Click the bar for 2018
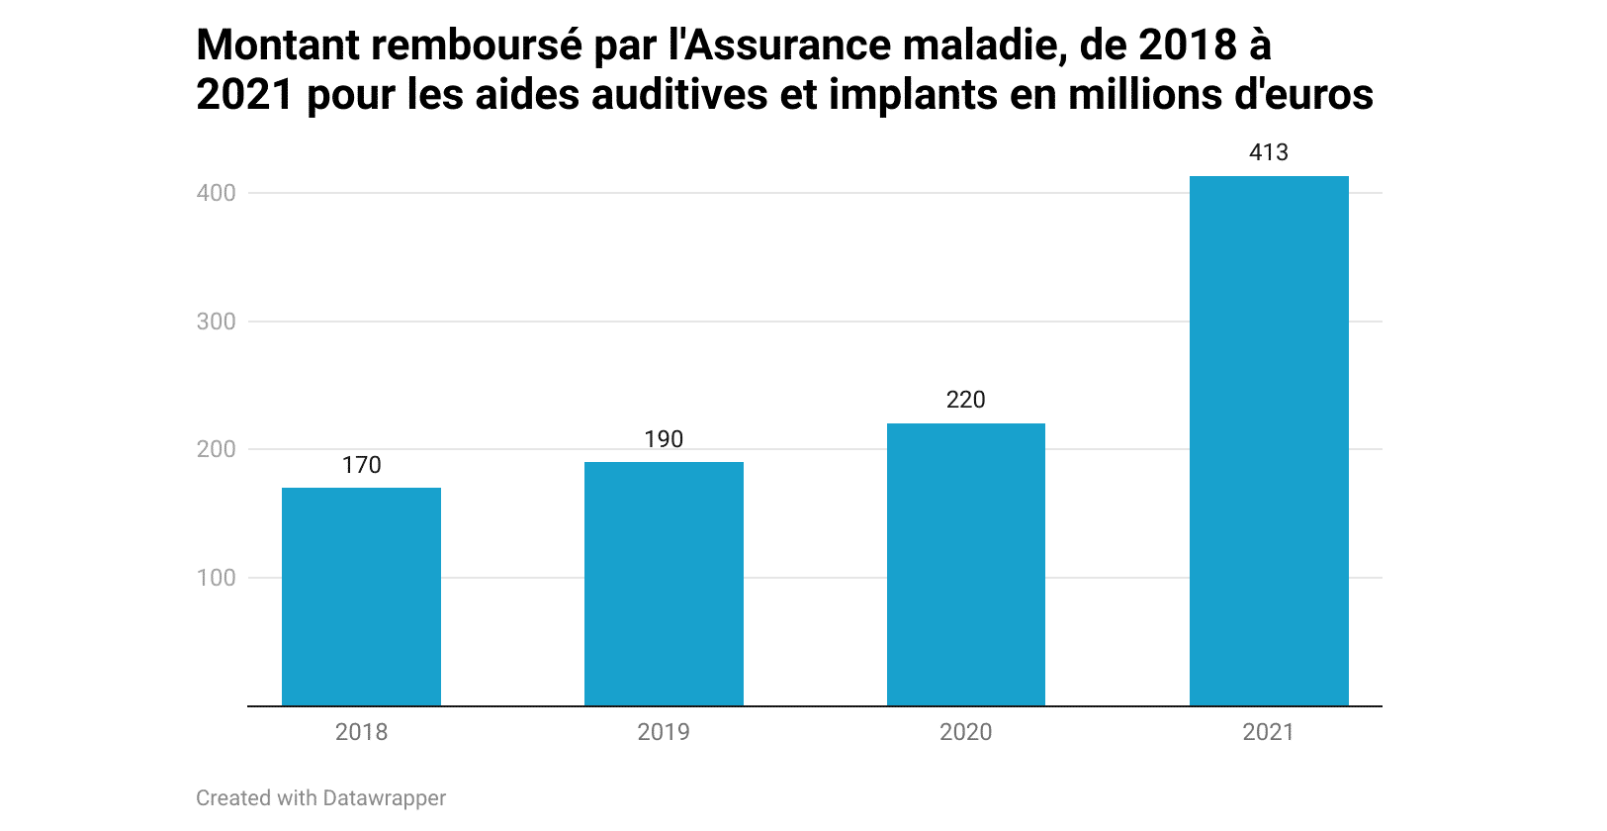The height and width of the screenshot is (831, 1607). [x=361, y=597]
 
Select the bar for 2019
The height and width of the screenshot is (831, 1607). [x=664, y=584]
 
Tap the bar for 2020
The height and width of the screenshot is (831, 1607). [x=966, y=564]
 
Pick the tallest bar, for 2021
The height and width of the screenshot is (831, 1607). [x=1269, y=440]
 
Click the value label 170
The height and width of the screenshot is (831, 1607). [x=361, y=465]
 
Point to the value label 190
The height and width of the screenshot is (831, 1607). [x=664, y=439]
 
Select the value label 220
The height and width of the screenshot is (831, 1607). [x=966, y=400]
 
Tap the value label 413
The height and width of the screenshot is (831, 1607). [x=1269, y=152]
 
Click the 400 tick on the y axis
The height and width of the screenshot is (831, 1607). [x=216, y=193]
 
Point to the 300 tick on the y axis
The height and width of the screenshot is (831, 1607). [x=216, y=322]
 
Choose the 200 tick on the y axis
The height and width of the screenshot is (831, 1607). [x=216, y=449]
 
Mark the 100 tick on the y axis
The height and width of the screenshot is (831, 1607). [x=216, y=578]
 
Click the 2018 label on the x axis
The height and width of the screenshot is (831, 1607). [x=361, y=732]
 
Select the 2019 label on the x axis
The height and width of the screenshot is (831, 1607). [x=664, y=732]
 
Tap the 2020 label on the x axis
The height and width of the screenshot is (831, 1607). [x=966, y=732]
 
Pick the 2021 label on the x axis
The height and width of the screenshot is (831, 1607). [x=1269, y=732]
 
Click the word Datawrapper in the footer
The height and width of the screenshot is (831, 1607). [x=384, y=798]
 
